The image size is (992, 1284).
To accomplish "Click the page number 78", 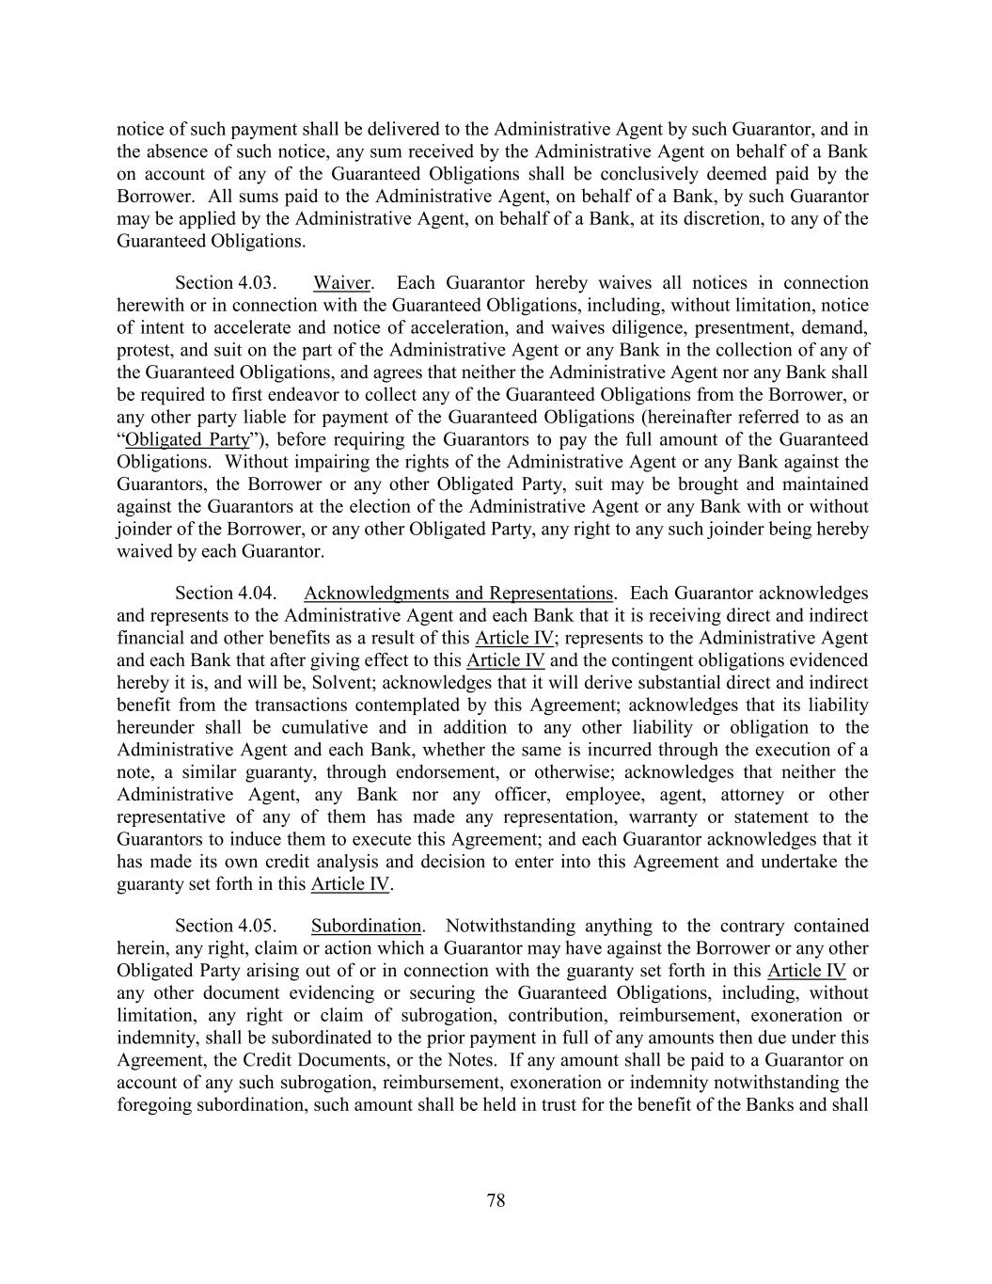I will [x=496, y=1200].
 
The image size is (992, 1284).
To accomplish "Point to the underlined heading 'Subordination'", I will [x=366, y=926].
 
